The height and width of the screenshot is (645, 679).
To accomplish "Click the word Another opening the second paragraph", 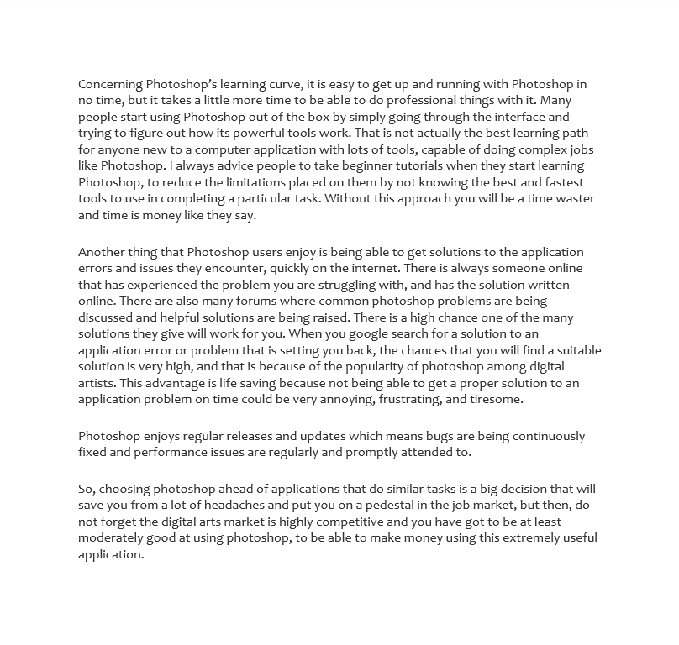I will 103,253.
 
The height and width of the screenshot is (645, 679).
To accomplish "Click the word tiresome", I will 496,399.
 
